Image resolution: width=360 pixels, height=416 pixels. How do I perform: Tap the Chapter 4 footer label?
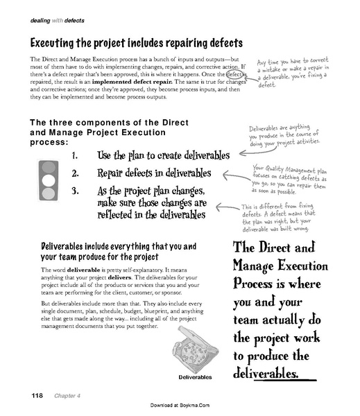coord(63,395)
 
